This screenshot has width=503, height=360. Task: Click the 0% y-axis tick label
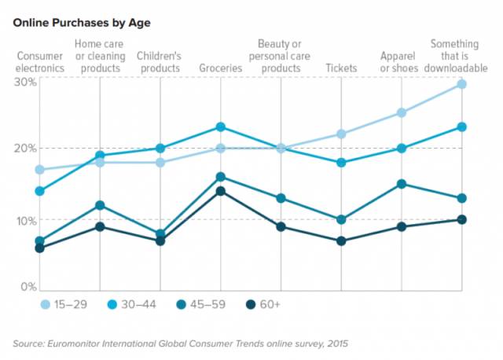pyautogui.click(x=28, y=286)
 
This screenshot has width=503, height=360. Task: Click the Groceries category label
pyautogui.click(x=221, y=68)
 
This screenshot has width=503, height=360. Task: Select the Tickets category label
pyautogui.click(x=341, y=68)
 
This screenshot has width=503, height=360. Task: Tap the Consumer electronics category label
pyautogui.click(x=40, y=62)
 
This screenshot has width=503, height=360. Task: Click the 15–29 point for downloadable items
pyautogui.click(x=462, y=84)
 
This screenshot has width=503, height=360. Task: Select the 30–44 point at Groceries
pyautogui.click(x=221, y=127)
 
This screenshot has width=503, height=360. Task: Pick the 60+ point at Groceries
pyautogui.click(x=221, y=191)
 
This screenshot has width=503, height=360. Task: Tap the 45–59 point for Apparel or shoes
pyautogui.click(x=402, y=184)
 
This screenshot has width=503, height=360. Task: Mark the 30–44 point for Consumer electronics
pyautogui.click(x=40, y=191)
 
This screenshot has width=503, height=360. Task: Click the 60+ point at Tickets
pyautogui.click(x=341, y=241)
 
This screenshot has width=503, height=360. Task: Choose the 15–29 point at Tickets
pyautogui.click(x=341, y=134)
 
